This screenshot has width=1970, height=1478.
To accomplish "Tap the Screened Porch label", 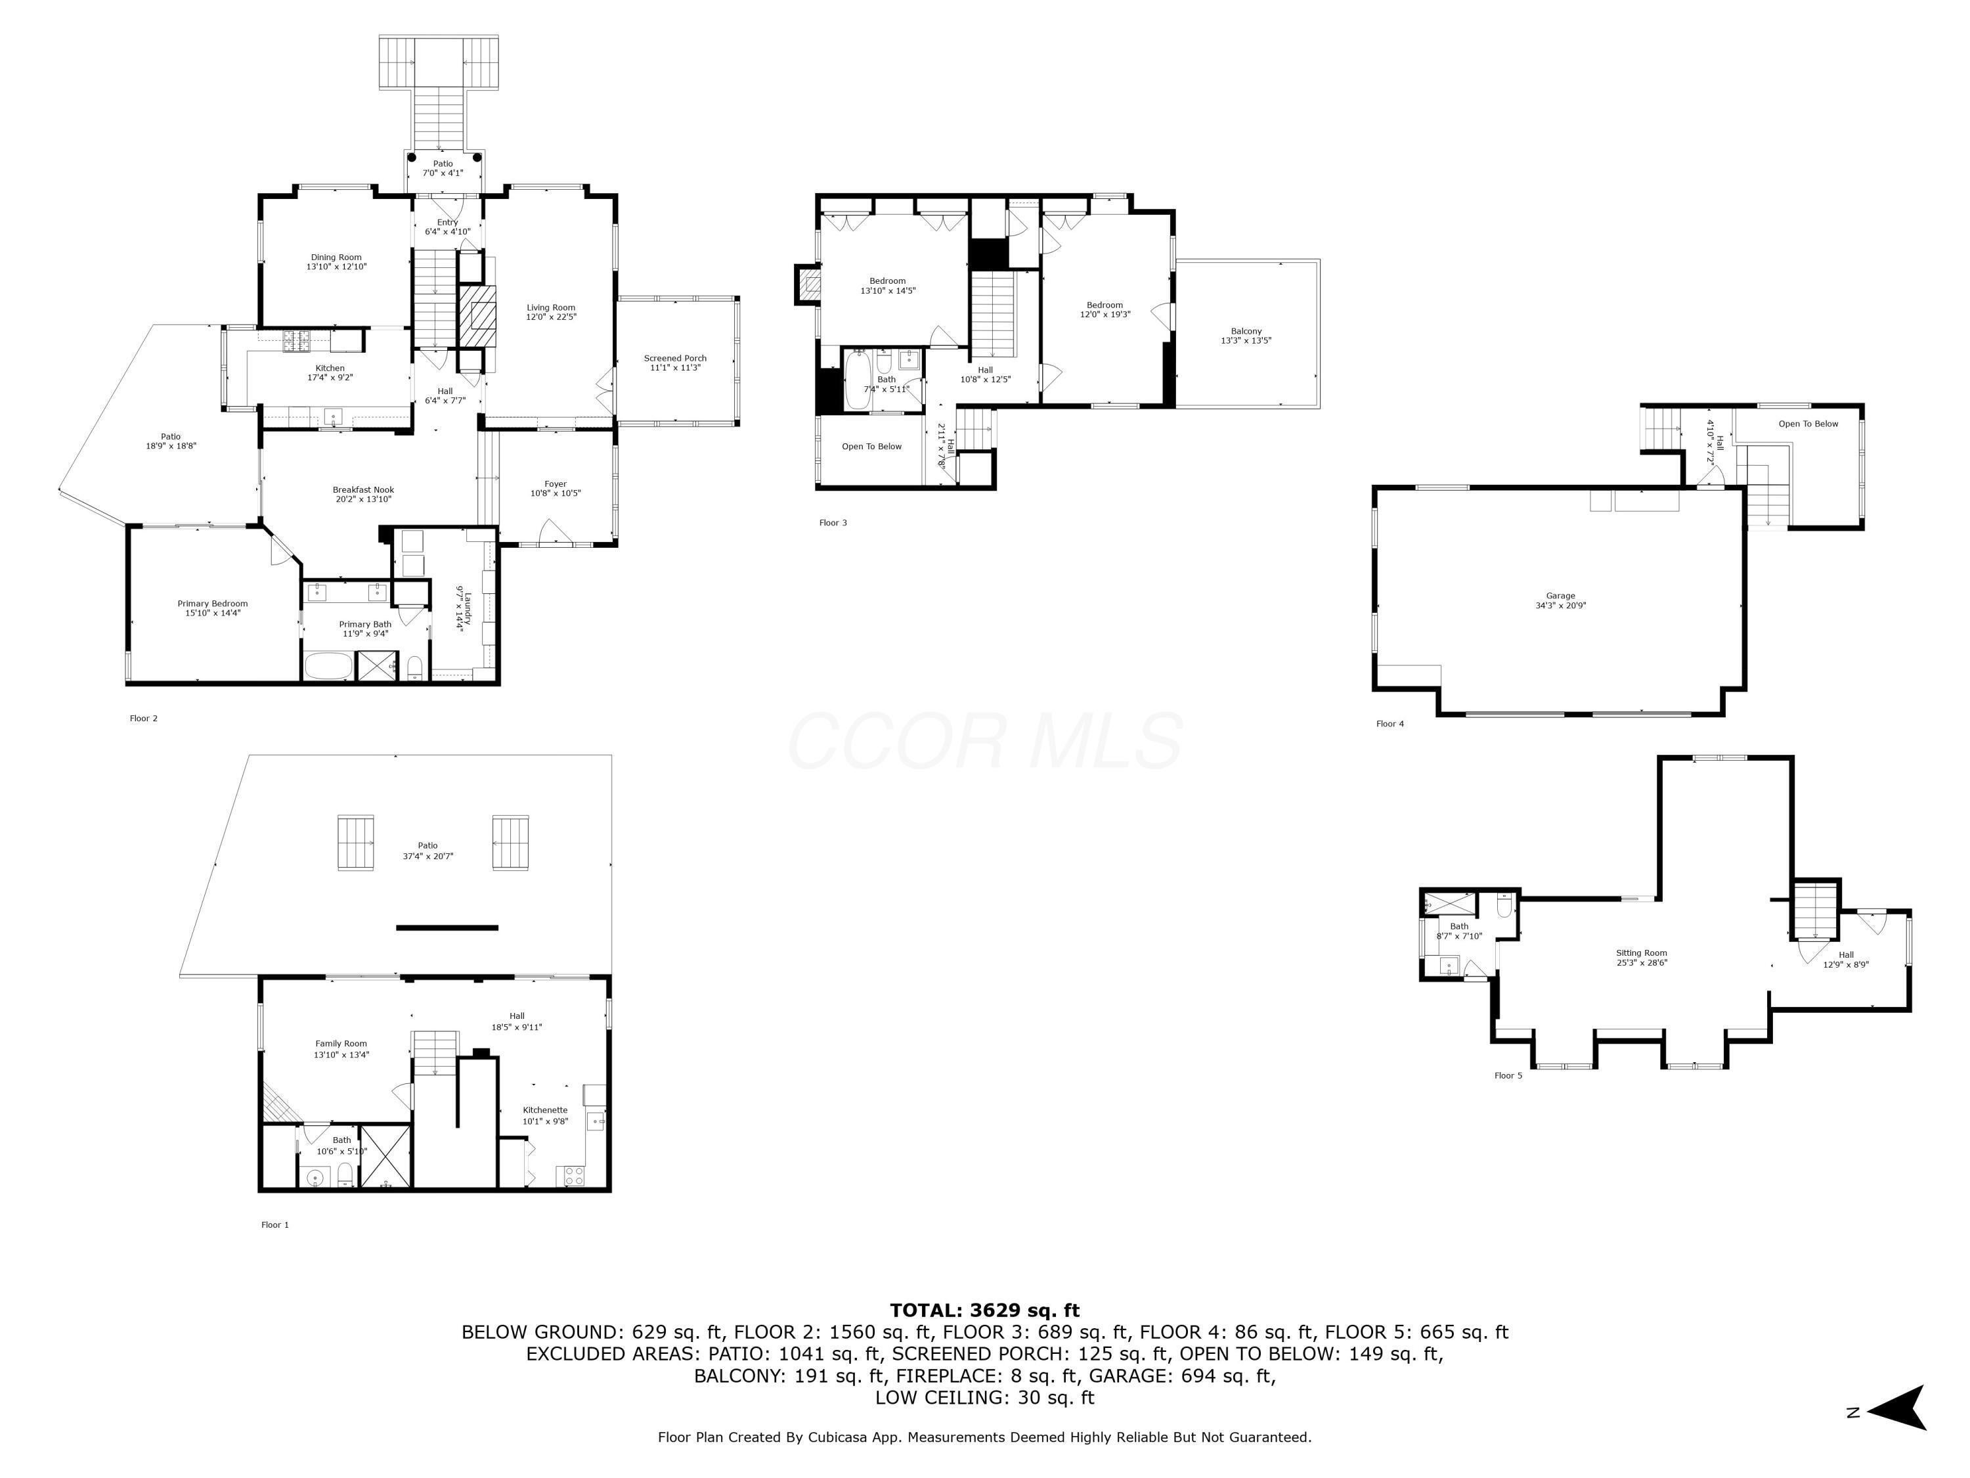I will coord(675,363).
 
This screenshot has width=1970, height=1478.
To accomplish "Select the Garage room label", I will coord(1560,600).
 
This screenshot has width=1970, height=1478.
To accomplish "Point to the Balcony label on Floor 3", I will coord(1246,335).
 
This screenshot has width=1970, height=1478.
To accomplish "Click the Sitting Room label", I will coord(1642,957).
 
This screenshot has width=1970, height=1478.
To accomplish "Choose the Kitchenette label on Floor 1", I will coord(545,1115).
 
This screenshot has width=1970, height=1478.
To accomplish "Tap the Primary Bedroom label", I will coord(212,608).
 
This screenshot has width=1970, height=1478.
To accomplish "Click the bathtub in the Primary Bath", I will coord(328,665).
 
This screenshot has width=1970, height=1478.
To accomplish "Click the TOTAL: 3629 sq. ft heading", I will coord(984,1310).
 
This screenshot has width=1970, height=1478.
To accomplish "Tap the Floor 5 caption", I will coord(1508,1075).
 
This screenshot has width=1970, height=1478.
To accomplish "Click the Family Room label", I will coord(341,1048).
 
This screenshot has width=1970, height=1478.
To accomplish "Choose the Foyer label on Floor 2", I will coord(555,488).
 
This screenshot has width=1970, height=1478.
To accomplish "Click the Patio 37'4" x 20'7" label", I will coord(427,851).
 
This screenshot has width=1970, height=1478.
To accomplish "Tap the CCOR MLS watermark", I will coord(984,741).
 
